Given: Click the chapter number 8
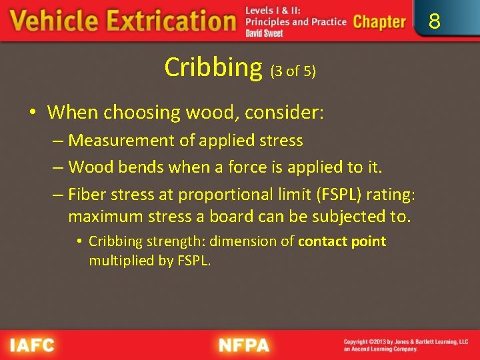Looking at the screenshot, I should coord(434,21).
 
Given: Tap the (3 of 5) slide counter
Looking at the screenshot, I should coord(293,71).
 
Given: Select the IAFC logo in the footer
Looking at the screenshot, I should coord(32,345).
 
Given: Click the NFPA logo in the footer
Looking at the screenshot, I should coord(245,345).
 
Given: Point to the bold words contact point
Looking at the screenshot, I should coord(342,241).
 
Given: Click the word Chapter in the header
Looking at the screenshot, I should coord(379,21).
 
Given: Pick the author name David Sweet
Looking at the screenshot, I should coord(264,33).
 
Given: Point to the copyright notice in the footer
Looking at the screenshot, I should coord(406,345).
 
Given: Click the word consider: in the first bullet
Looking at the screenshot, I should coord(285,112).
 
